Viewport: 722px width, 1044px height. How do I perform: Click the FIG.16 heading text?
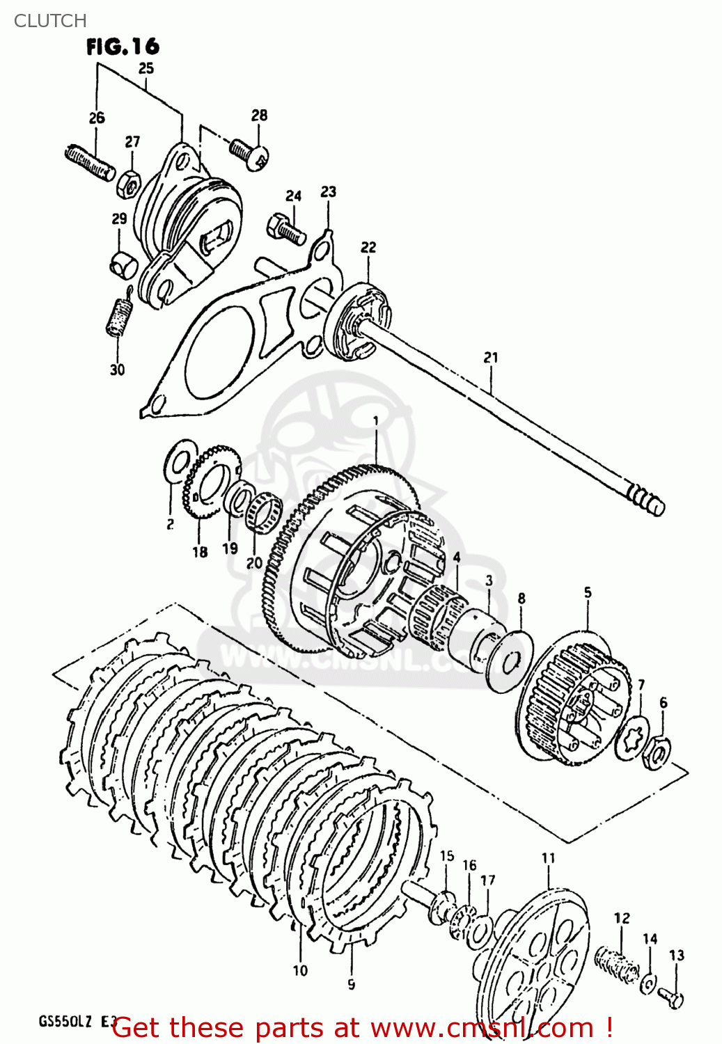(x=123, y=47)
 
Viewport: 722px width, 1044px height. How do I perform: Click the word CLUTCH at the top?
(x=50, y=21)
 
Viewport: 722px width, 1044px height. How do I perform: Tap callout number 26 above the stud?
(x=97, y=118)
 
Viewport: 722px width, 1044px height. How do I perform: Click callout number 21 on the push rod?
(x=491, y=357)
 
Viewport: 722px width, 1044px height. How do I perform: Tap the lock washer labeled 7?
(x=634, y=738)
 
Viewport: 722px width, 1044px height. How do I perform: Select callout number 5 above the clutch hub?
(x=588, y=592)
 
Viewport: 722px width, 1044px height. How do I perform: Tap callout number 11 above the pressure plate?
(x=548, y=858)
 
